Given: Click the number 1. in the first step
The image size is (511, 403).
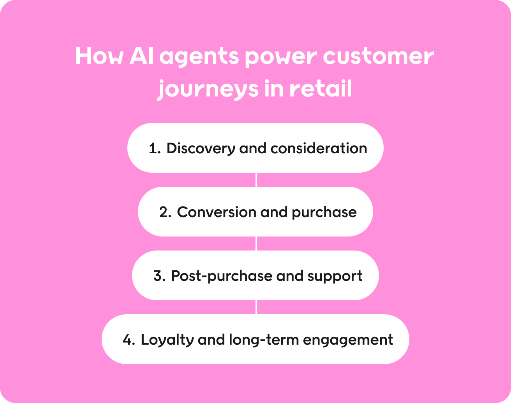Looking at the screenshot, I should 155,149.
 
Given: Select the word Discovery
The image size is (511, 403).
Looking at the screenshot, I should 201,149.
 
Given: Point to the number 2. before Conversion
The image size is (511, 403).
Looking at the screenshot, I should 165,212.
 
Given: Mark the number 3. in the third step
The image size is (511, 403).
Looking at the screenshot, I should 160,276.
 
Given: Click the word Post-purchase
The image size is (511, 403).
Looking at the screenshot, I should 222,276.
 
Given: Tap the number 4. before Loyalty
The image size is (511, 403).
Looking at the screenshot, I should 129,340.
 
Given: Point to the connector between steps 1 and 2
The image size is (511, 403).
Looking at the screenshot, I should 256,180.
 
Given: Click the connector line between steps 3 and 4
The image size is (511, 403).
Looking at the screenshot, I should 256,307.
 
